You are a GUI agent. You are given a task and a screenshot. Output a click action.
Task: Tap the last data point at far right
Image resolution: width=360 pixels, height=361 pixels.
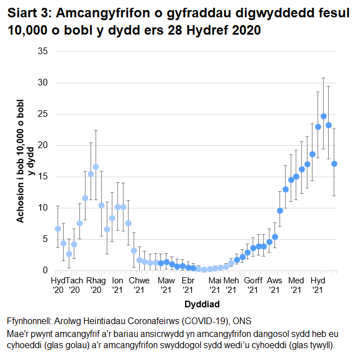(334, 164)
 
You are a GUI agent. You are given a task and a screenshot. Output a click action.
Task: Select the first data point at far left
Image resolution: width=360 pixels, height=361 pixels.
(58, 229)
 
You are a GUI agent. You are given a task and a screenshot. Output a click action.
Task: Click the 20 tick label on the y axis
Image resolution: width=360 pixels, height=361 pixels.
(42, 145)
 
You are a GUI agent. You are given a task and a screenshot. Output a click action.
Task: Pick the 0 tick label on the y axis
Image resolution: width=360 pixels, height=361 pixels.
(45, 270)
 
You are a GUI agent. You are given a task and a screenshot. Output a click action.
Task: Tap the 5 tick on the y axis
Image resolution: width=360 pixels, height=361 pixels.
(45, 239)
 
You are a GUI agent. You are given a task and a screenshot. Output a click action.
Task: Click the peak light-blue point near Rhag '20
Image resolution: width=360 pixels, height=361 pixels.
(96, 167)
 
